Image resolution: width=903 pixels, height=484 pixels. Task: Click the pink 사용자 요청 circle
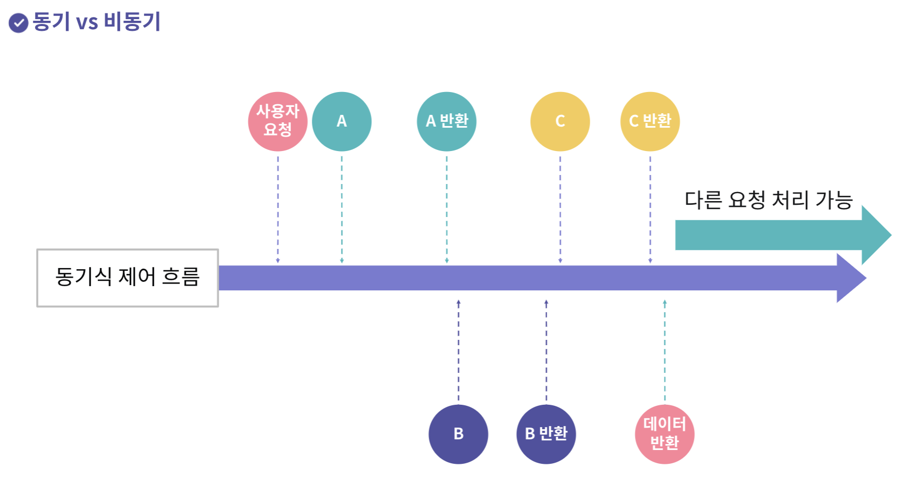click(278, 121)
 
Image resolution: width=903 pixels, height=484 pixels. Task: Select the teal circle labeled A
click(341, 121)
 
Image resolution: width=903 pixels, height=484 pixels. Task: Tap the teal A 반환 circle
click(447, 121)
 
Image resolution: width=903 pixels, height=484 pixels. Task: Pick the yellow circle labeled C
click(560, 121)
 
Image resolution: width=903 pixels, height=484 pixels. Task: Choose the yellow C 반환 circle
click(650, 121)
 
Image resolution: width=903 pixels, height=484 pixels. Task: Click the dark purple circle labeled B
click(458, 434)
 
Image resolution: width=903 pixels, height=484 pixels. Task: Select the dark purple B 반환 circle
click(546, 434)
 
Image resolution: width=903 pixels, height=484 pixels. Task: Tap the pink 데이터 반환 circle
click(665, 434)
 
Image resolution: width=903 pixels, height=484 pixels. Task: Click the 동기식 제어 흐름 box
click(128, 278)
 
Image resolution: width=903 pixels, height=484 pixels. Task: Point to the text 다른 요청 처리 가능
click(768, 200)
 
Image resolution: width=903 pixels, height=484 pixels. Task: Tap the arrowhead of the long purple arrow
click(851, 278)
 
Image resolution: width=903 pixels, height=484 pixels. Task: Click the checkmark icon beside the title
click(19, 23)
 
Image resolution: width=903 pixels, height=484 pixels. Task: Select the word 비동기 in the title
click(132, 22)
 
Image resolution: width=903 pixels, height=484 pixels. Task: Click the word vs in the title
click(87, 22)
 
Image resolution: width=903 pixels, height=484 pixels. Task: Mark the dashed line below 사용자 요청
click(278, 207)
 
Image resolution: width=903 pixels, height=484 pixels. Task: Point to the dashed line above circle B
click(458, 351)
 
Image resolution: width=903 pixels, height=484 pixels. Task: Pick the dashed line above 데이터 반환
click(665, 351)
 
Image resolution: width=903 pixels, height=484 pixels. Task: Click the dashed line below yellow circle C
click(560, 207)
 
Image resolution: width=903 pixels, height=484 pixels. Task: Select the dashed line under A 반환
click(447, 207)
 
